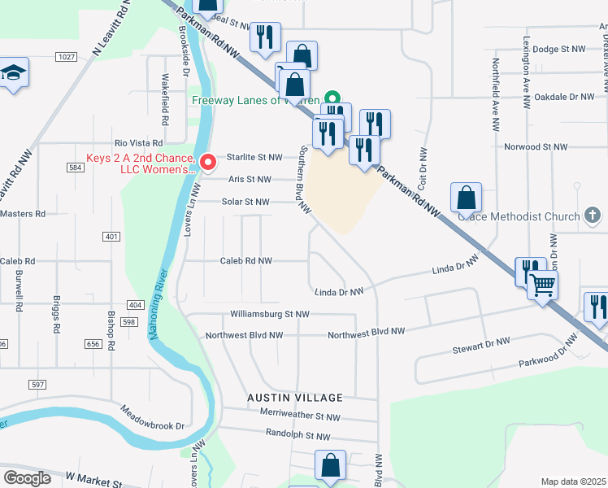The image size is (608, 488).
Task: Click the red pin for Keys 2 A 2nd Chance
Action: point(207,162)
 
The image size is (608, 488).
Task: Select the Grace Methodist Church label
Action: point(519,216)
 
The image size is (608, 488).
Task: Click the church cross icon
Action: point(593,216)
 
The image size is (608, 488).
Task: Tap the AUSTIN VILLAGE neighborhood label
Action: point(295,398)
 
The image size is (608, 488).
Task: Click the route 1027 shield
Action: point(67,56)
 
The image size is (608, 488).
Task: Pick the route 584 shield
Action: point(76,168)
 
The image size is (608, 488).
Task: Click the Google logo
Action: point(27,477)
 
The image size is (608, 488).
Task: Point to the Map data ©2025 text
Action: point(573,481)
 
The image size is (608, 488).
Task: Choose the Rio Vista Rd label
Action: point(139,142)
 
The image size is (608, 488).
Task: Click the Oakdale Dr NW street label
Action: point(565,97)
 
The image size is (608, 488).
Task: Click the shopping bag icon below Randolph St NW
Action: point(331,466)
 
